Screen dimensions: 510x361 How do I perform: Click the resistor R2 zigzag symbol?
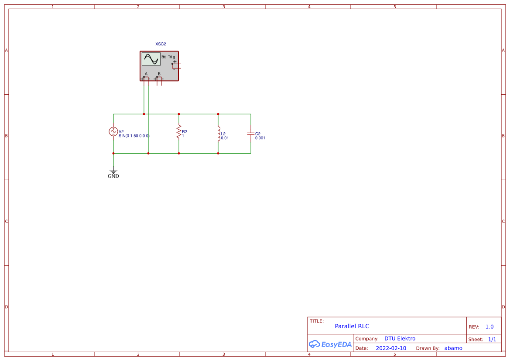pyautogui.click(x=179, y=132)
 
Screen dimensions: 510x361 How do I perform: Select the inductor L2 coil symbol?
pyautogui.click(x=218, y=134)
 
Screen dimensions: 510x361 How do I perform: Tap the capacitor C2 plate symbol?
pyautogui.click(x=251, y=133)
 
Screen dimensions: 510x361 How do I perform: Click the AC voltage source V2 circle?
pyautogui.click(x=113, y=131)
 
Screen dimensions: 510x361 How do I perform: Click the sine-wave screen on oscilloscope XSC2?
pyautogui.click(x=151, y=59)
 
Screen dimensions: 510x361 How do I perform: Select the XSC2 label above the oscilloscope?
pyautogui.click(x=161, y=44)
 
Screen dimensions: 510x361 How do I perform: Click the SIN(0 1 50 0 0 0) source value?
pyautogui.click(x=134, y=136)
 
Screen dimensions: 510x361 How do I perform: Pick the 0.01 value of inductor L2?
pyautogui.click(x=225, y=138)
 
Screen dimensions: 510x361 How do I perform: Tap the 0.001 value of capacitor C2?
pyautogui.click(x=260, y=138)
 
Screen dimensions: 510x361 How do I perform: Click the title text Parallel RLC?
pyautogui.click(x=352, y=326)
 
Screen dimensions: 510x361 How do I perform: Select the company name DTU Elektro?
pyautogui.click(x=400, y=339)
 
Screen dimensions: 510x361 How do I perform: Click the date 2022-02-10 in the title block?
pyautogui.click(x=391, y=348)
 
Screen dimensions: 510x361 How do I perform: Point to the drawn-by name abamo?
pyautogui.click(x=453, y=348)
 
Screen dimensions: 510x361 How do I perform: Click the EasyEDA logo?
pyautogui.click(x=330, y=344)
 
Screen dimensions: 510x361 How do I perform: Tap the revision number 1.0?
pyautogui.click(x=489, y=327)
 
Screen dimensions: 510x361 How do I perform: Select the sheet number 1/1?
pyautogui.click(x=492, y=339)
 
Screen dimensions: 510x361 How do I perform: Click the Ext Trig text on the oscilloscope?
pyautogui.click(x=168, y=57)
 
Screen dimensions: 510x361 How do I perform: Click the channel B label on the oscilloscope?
pyautogui.click(x=159, y=74)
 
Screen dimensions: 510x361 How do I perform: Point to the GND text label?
pyautogui.click(x=113, y=176)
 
